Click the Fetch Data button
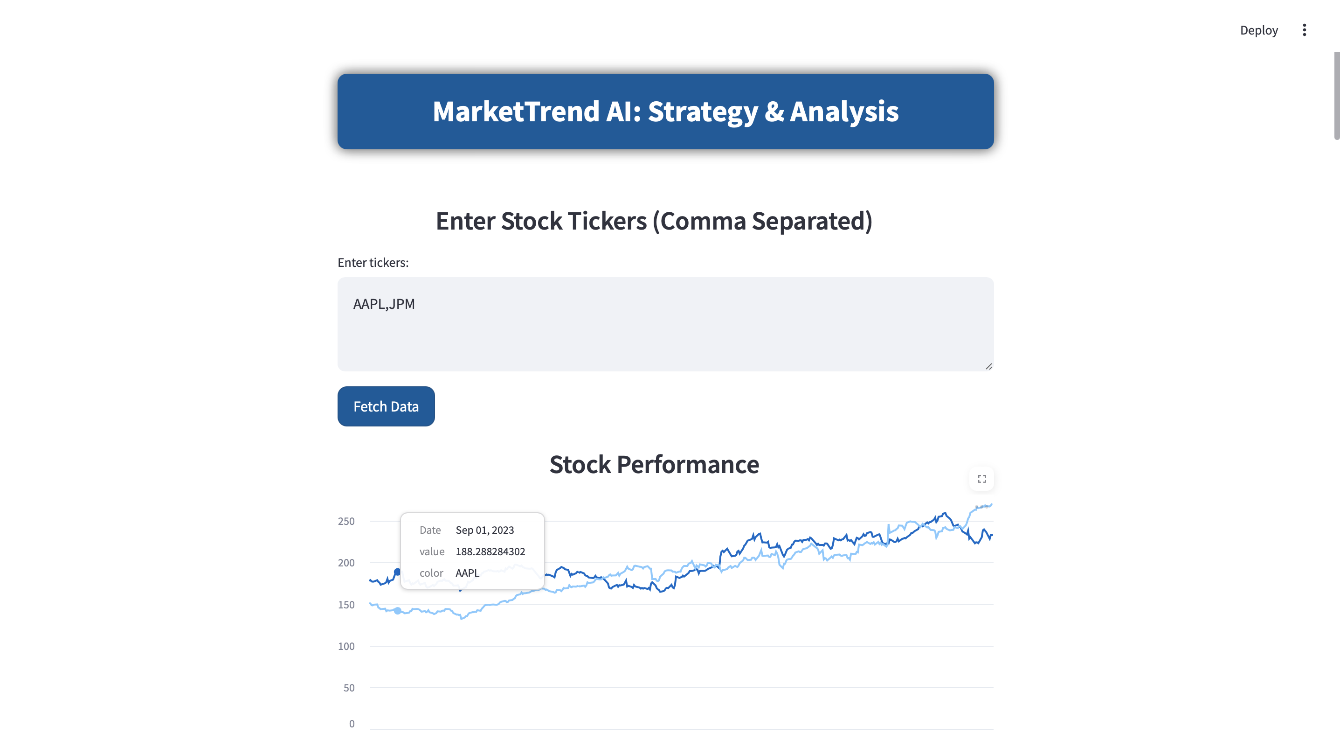[x=386, y=406]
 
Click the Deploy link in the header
[x=1259, y=30]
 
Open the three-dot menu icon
[x=1304, y=30]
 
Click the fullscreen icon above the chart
[x=981, y=479]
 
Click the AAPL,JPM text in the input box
[x=384, y=304]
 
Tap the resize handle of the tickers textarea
[x=988, y=366]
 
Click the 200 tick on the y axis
[x=346, y=563]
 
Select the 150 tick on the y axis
[x=346, y=605]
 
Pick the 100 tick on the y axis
[x=346, y=646]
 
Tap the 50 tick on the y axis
[x=349, y=688]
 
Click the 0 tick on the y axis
[x=352, y=724]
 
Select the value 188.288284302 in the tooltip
[x=490, y=552]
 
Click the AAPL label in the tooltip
[x=467, y=573]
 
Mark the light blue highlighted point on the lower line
[x=397, y=611]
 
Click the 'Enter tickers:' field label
[x=373, y=263]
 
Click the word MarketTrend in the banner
[x=516, y=112]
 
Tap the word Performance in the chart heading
[x=688, y=464]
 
